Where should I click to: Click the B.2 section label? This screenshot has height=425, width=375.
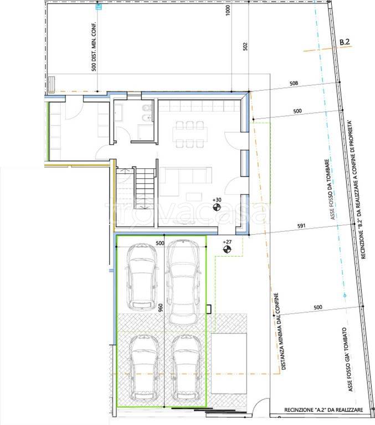coord(345,42)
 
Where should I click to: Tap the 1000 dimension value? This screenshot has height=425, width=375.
coord(228,11)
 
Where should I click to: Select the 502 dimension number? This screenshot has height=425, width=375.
coord(245,46)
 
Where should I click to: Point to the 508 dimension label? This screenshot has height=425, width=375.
coord(294,83)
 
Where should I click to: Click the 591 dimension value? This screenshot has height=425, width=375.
coord(301,226)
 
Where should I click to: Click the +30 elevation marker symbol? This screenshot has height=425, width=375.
coord(217,208)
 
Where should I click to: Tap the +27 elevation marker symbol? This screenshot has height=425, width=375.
coord(227,249)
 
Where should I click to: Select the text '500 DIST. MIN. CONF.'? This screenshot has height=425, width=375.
coord(94,46)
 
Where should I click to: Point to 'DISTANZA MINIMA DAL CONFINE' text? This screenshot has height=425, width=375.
coord(280,331)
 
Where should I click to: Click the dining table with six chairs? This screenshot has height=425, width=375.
coord(190,134)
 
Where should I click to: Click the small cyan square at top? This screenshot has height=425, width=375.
coord(99,7)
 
